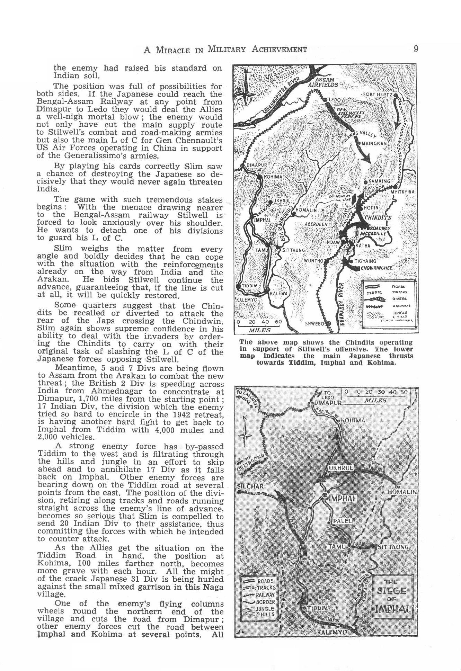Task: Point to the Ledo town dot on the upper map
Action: (326, 100)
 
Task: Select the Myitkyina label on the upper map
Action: (402, 192)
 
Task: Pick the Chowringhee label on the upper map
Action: (376, 268)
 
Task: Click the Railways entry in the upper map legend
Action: (401, 306)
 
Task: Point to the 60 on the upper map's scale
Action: (278, 322)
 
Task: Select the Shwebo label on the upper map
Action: (314, 324)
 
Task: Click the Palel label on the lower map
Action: (342, 521)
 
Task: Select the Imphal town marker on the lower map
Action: (325, 495)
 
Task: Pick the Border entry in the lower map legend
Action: (266, 602)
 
